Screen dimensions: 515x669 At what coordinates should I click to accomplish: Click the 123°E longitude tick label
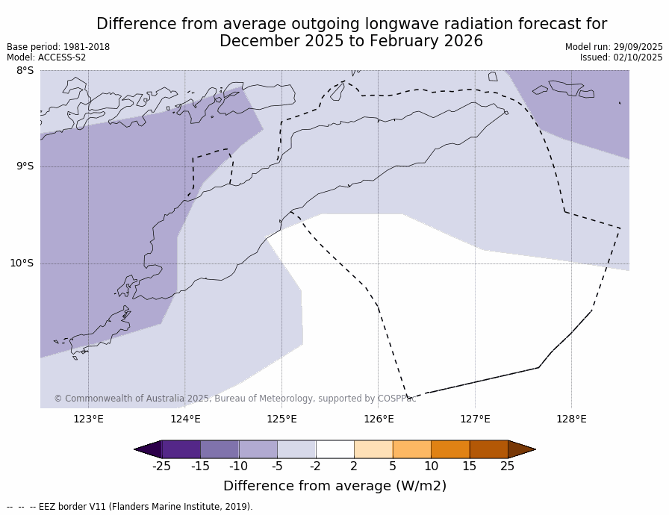(x=88, y=419)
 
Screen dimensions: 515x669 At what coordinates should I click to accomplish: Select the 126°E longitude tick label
(x=379, y=419)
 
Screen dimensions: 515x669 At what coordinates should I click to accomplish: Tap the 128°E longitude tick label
(x=571, y=419)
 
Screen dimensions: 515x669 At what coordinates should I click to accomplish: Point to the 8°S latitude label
(x=25, y=71)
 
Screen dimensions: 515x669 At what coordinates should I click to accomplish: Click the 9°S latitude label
(x=25, y=166)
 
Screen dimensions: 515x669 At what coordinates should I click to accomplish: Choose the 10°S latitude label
(x=22, y=263)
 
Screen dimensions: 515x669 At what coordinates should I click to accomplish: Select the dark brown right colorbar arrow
(x=521, y=449)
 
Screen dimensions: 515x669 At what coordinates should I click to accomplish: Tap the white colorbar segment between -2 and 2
(x=334, y=449)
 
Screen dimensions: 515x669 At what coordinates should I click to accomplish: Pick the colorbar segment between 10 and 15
(x=450, y=449)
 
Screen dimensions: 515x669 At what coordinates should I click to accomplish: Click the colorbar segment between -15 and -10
(x=220, y=449)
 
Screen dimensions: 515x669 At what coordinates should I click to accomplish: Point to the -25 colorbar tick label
(x=161, y=466)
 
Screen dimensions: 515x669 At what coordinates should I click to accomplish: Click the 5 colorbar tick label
(x=393, y=466)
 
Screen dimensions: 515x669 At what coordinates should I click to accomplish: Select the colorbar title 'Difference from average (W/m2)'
(x=334, y=486)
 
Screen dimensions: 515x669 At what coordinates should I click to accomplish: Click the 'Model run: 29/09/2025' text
(x=614, y=47)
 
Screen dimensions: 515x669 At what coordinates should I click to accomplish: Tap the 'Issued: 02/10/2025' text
(x=621, y=57)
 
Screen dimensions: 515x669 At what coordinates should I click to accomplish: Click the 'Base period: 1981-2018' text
(x=58, y=47)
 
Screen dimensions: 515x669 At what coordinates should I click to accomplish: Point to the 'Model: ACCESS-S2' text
(x=46, y=57)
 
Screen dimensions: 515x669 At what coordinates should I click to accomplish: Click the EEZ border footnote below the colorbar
(x=130, y=507)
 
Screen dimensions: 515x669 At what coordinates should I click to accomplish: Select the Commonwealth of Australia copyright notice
(x=234, y=399)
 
